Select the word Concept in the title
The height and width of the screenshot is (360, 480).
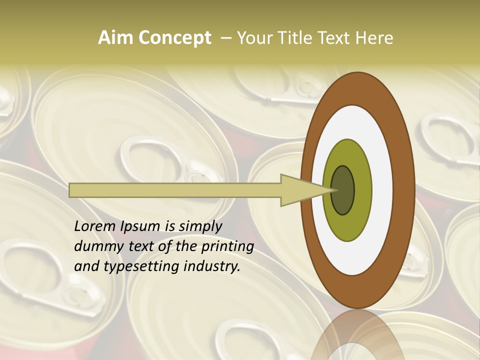pyautogui.click(x=175, y=38)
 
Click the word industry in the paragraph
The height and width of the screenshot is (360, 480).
pyautogui.click(x=212, y=267)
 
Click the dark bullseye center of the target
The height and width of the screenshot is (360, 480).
pyautogui.click(x=343, y=190)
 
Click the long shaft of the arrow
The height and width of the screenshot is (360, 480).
pyautogui.click(x=175, y=190)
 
